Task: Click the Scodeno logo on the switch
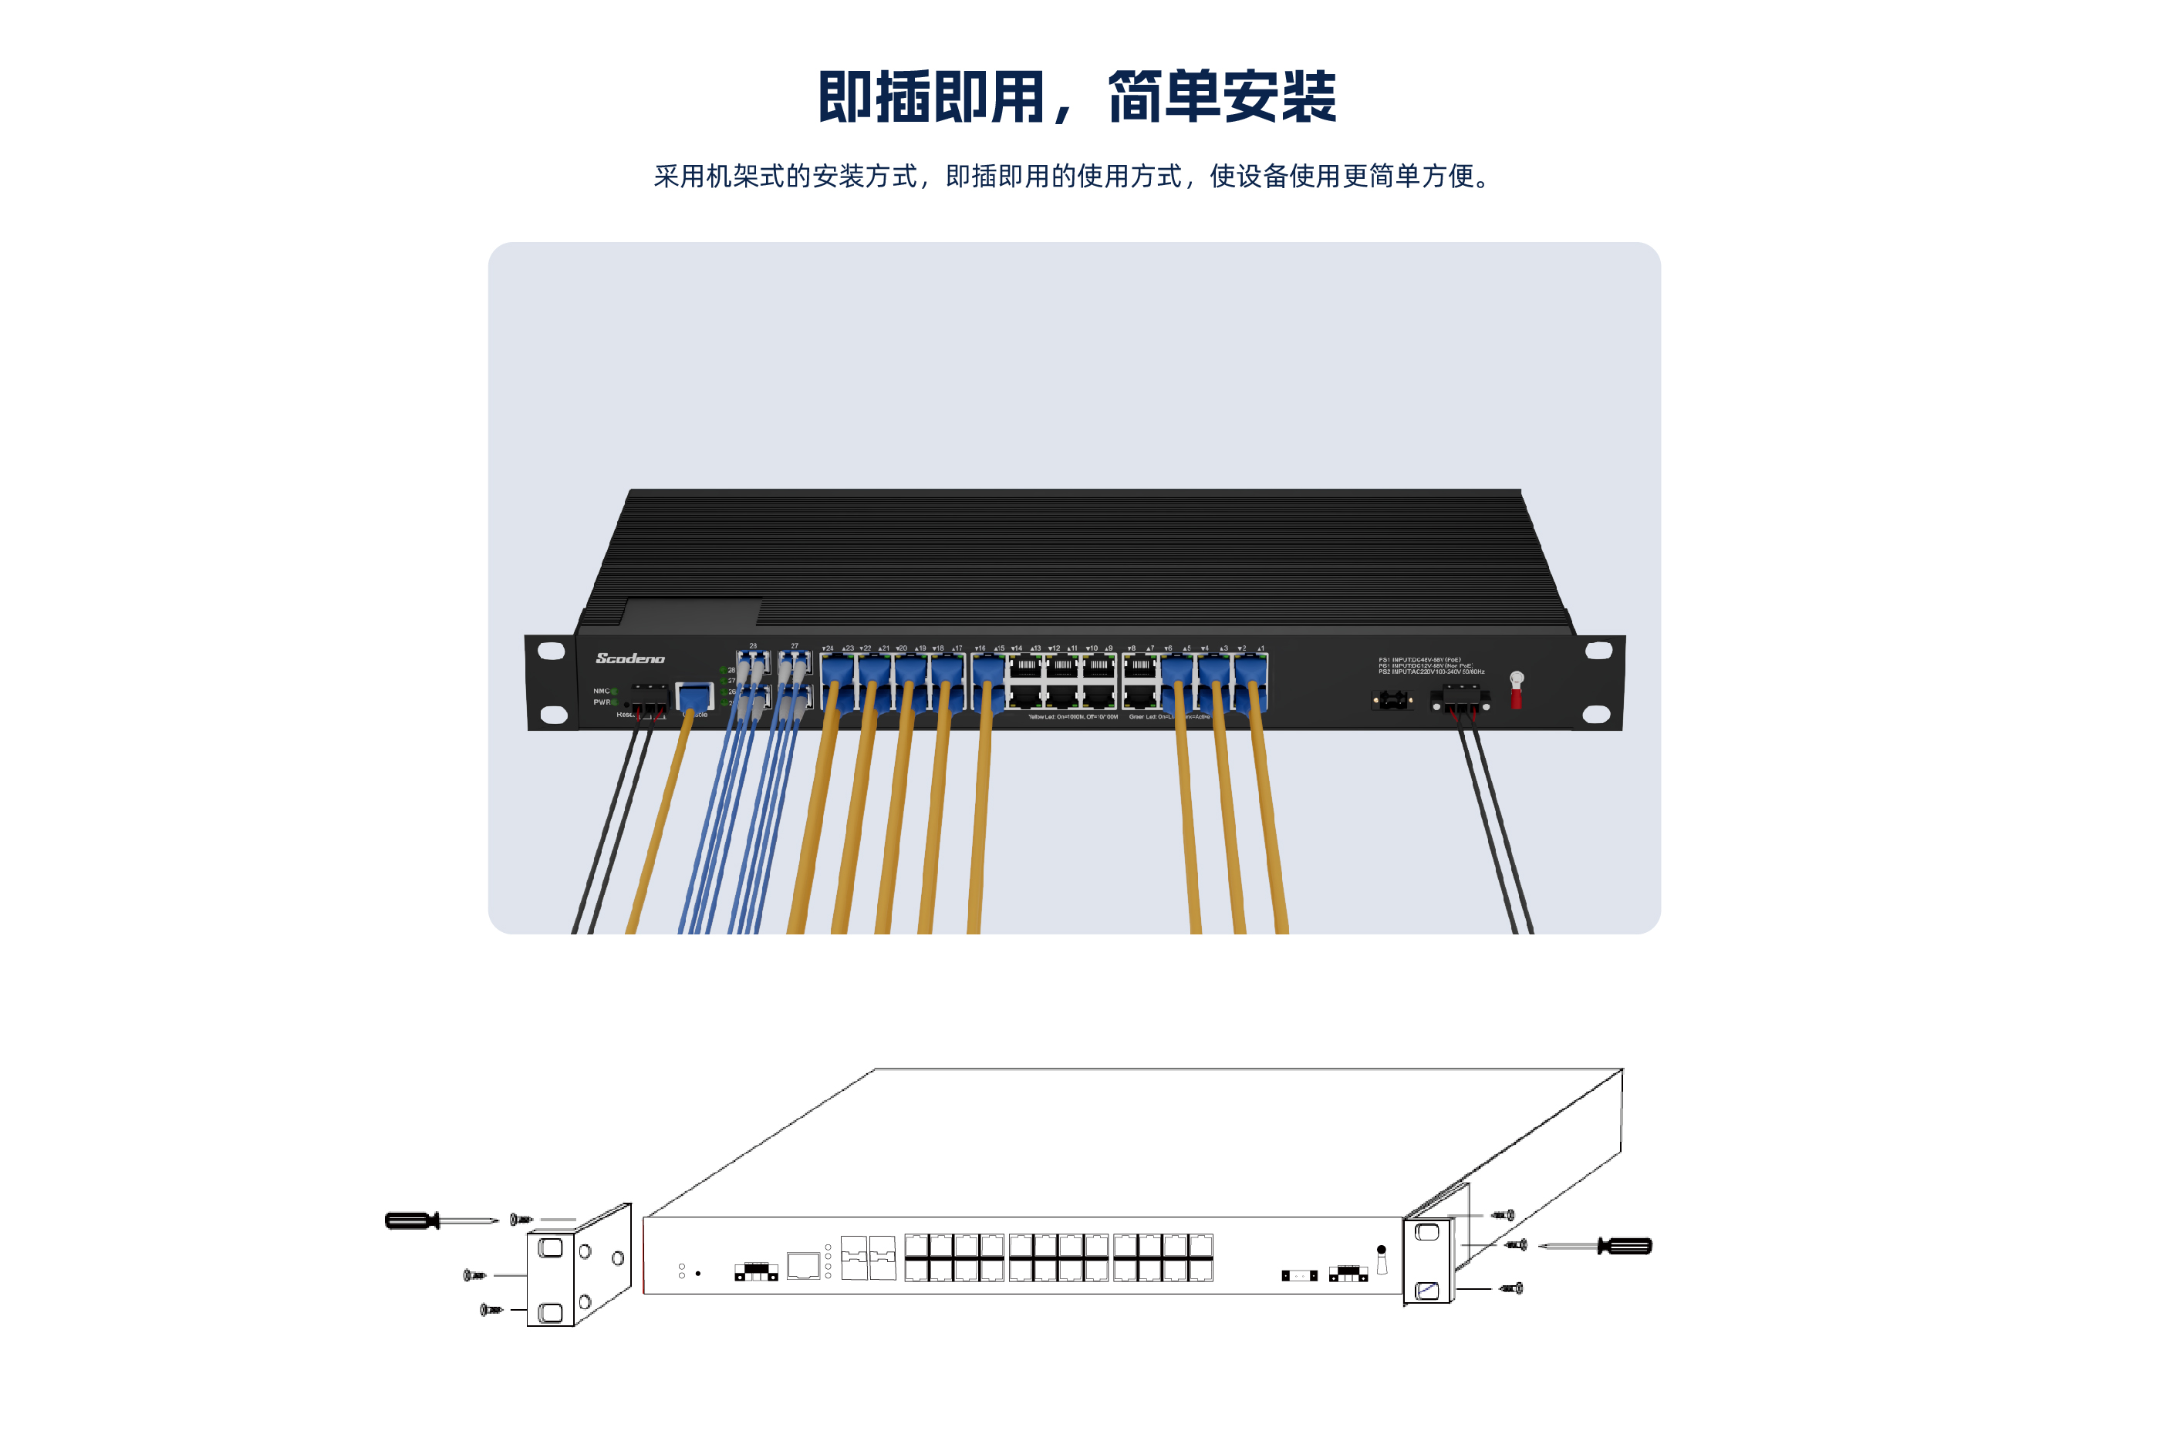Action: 630,658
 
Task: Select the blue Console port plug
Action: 694,696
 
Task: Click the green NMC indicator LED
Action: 615,692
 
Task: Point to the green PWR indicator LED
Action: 615,702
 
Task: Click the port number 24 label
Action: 828,648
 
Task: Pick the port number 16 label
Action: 980,648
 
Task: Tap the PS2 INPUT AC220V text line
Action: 1432,672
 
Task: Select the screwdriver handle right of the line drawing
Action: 1625,1246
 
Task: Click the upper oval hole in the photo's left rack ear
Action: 551,651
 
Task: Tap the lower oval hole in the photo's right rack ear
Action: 1595,714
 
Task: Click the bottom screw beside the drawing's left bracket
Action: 491,1310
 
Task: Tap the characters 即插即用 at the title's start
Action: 930,97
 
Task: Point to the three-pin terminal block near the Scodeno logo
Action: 649,702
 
